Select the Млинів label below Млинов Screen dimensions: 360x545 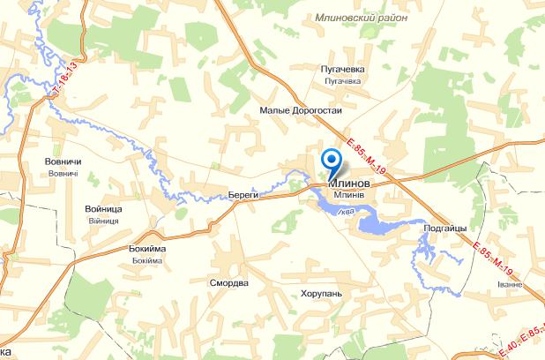point(349,195)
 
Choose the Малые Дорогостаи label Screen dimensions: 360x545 point(301,110)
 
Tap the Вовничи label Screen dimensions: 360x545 point(63,161)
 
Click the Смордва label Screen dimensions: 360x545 point(229,284)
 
